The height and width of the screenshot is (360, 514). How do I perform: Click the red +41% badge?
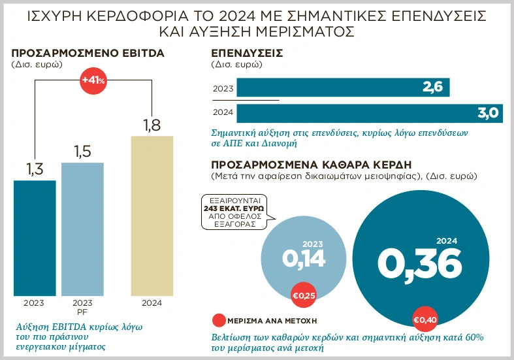click(x=93, y=80)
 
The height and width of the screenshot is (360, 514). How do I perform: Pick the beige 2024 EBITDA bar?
click(x=152, y=215)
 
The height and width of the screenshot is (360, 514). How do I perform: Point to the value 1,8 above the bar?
click(x=152, y=125)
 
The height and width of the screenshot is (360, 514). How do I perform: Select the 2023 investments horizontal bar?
click(x=342, y=88)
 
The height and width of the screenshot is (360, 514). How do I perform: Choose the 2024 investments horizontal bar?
click(x=368, y=112)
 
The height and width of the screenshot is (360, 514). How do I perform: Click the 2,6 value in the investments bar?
click(x=432, y=88)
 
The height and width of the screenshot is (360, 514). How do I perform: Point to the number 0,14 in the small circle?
click(x=304, y=259)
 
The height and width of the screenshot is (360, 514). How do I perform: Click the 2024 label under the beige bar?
click(x=152, y=303)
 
